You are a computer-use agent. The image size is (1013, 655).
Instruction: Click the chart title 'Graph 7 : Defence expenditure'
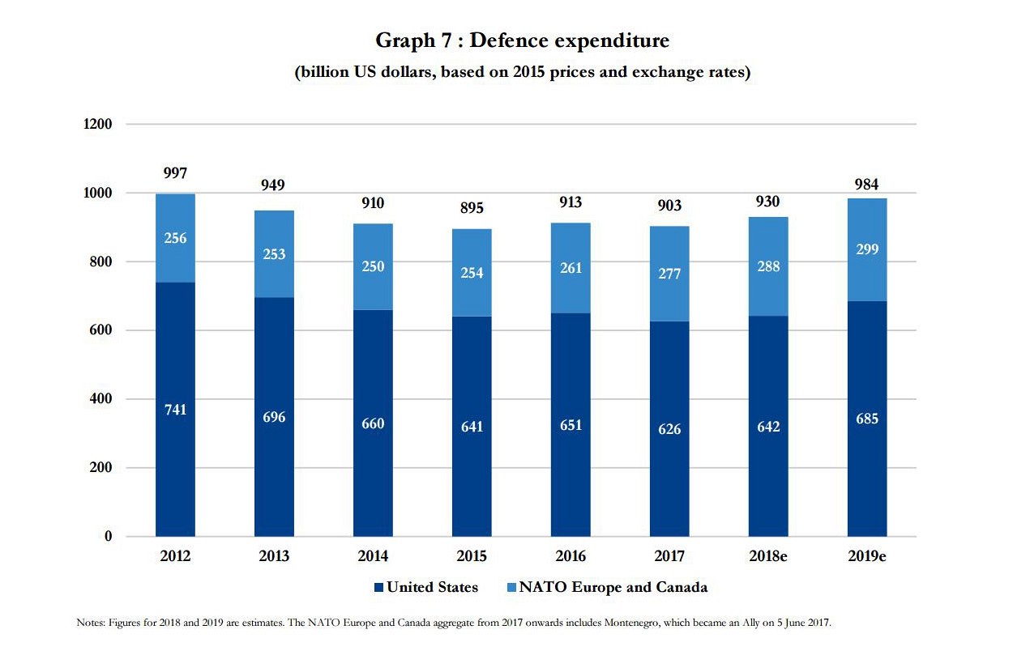tap(522, 40)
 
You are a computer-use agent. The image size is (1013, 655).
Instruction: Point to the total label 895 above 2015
tap(472, 208)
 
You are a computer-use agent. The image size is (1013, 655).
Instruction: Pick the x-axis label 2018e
tap(768, 556)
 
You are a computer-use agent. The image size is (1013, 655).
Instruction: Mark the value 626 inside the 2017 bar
tap(669, 429)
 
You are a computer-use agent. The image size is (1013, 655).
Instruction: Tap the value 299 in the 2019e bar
tap(867, 249)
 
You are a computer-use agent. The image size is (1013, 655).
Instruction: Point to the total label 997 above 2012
tap(175, 173)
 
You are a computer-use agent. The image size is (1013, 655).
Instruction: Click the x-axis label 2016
tap(571, 556)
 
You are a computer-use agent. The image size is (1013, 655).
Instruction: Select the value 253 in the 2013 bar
tap(274, 254)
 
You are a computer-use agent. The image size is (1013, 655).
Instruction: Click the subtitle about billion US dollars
tap(522, 72)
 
